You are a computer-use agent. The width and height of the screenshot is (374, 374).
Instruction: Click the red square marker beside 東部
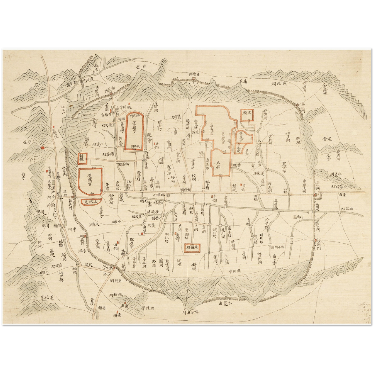pyautogui.click(x=241, y=185)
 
